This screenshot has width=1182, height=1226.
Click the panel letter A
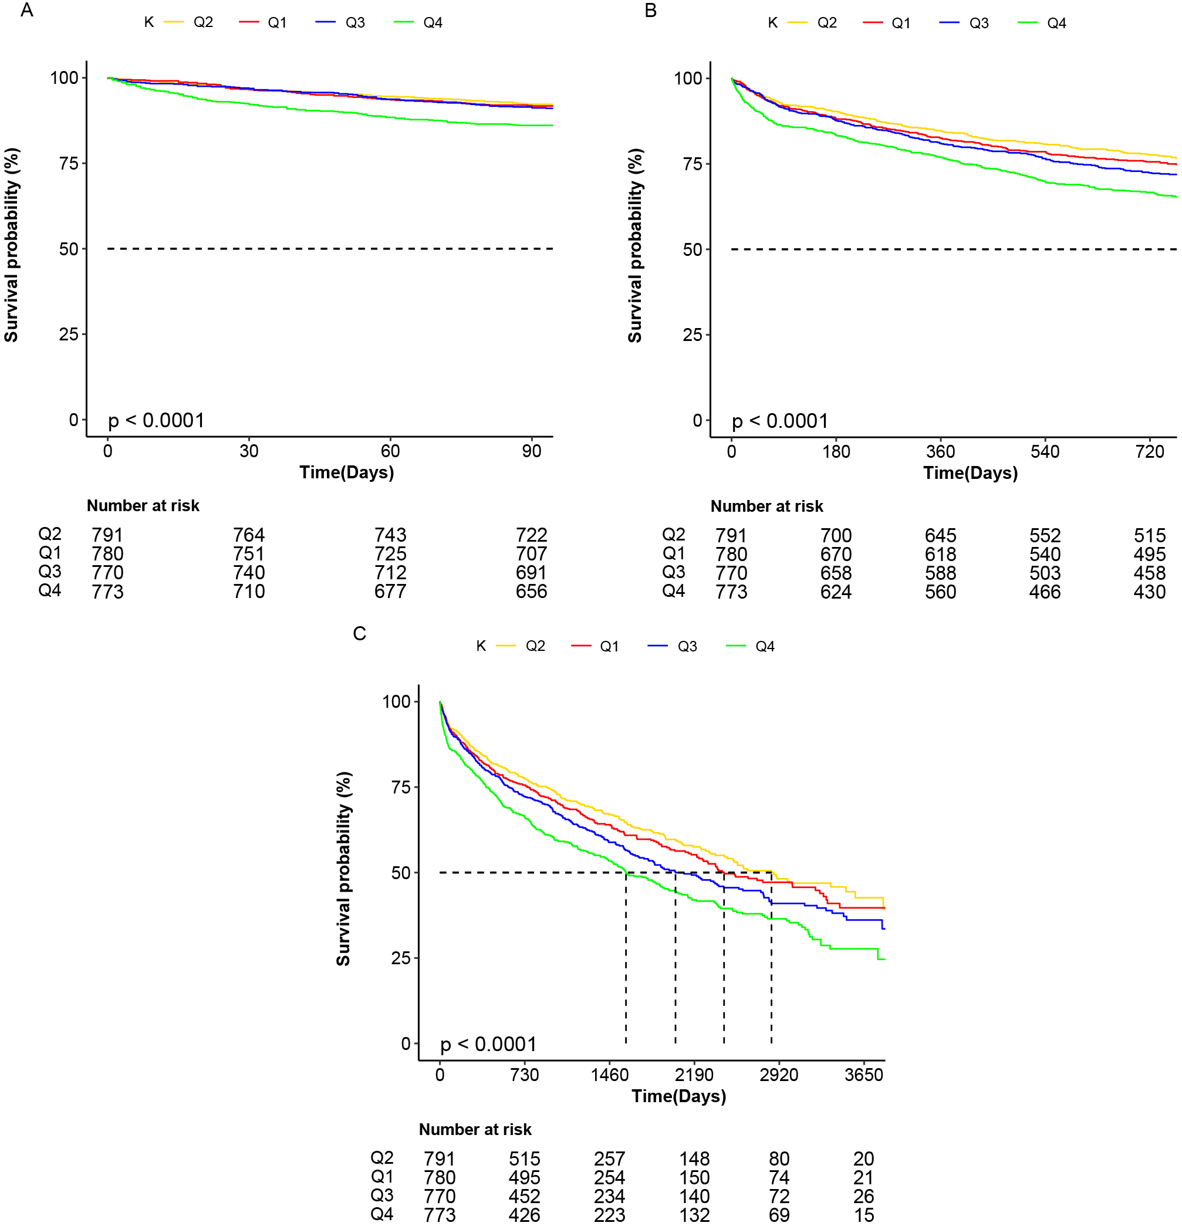(26, 11)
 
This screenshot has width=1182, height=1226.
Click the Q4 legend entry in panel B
(1056, 23)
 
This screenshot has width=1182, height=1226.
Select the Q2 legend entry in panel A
(202, 22)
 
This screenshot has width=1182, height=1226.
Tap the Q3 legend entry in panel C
(687, 646)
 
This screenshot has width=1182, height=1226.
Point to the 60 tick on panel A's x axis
(390, 451)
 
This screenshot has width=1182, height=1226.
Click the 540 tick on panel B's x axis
(1045, 452)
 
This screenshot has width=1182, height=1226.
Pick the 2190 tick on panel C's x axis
(694, 1075)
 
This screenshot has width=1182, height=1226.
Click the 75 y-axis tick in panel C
(400, 787)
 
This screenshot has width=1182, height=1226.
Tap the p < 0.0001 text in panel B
(780, 421)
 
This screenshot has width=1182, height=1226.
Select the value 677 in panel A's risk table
(390, 591)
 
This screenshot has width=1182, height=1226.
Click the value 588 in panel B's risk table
(940, 573)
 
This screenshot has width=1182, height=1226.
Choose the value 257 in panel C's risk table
(609, 1159)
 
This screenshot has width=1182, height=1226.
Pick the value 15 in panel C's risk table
(864, 1215)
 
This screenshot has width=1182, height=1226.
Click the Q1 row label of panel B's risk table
(674, 553)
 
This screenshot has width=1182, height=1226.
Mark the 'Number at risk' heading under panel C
(475, 1129)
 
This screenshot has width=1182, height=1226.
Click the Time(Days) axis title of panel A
(346, 472)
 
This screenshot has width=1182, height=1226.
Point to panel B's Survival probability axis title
(635, 245)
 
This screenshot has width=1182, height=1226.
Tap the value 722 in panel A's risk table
(531, 535)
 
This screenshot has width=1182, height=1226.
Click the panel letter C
(359, 634)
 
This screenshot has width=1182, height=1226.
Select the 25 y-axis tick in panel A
(68, 334)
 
